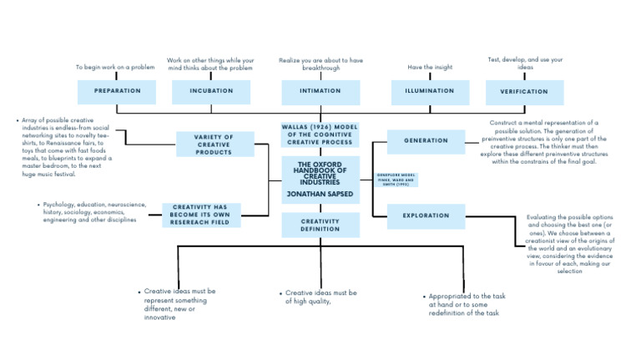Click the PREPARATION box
coord(117,91)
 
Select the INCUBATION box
coord(211,91)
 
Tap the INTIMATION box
coord(320,91)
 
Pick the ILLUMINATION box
coord(430,91)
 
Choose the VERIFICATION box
coord(523,91)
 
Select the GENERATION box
coord(426,141)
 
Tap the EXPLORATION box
coord(426,216)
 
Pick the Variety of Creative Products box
coord(214,145)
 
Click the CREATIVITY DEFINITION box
coord(320,226)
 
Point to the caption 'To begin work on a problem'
coord(116,67)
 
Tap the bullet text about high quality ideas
coord(320,297)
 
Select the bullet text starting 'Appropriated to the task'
coord(463,305)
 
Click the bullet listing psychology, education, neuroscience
coord(94,212)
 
